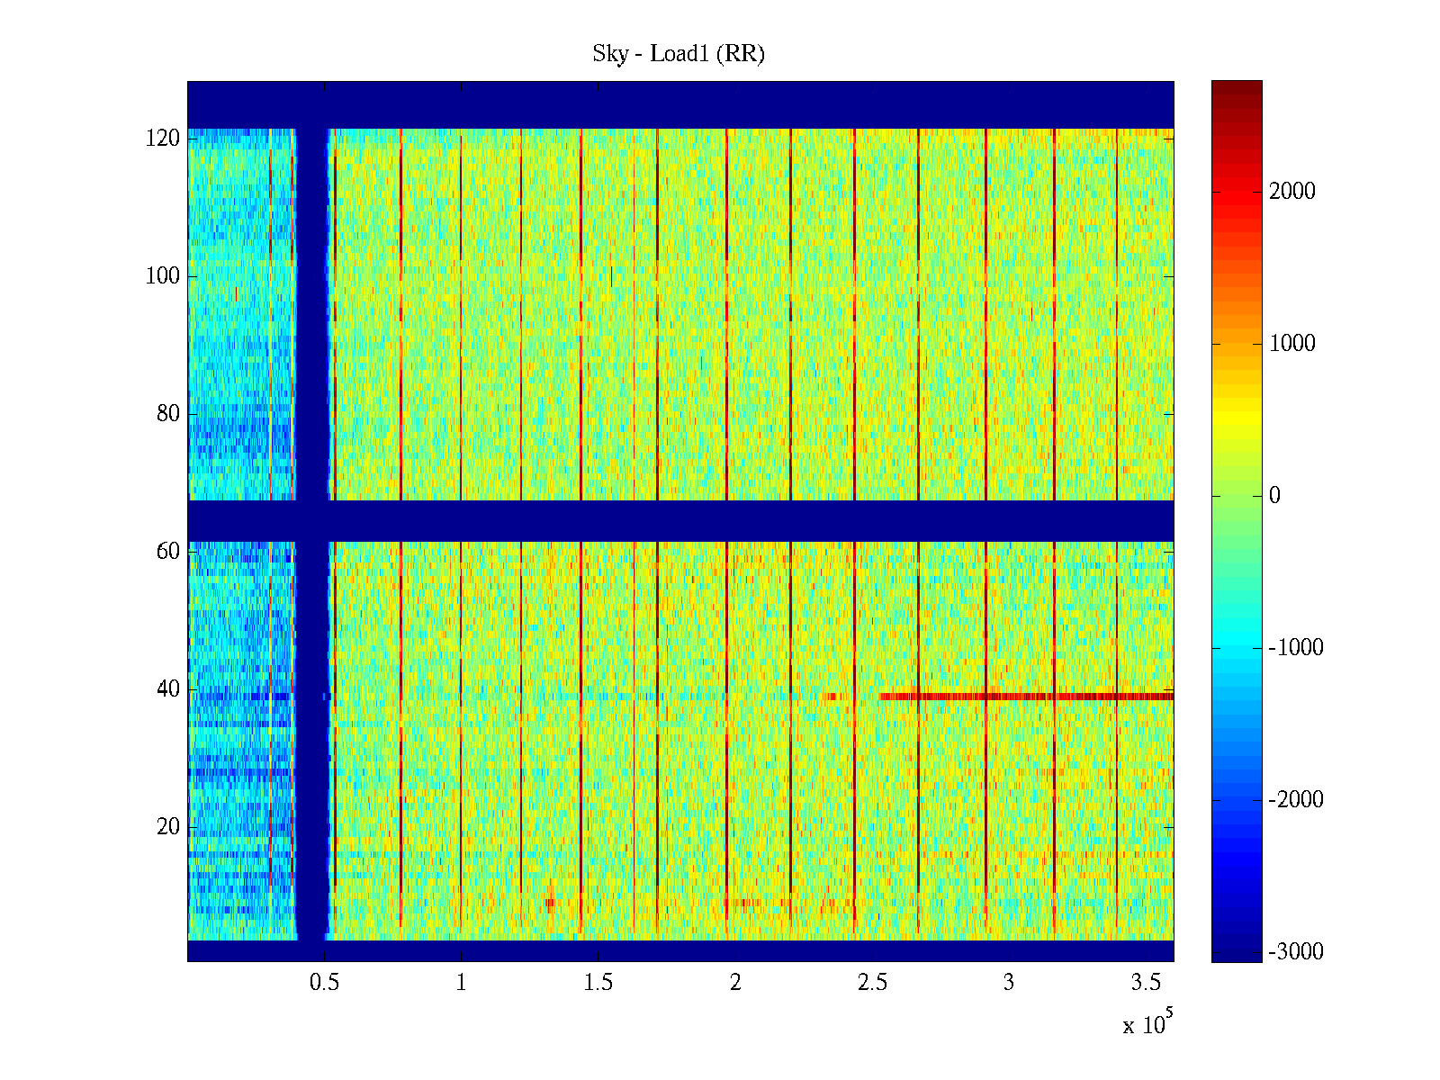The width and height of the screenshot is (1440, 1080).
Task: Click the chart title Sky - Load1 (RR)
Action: click(678, 54)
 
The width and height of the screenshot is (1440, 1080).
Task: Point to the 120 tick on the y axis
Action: click(163, 139)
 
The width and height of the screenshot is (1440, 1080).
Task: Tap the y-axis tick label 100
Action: click(163, 276)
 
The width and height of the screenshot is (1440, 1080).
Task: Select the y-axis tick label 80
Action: click(168, 414)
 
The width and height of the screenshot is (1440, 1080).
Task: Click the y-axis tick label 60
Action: click(168, 552)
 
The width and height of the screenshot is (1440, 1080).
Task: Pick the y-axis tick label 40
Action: click(168, 689)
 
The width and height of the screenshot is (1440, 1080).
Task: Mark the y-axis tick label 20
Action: click(168, 827)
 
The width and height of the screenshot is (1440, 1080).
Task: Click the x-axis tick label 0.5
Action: click(324, 983)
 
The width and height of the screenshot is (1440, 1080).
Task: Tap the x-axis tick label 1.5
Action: click(598, 983)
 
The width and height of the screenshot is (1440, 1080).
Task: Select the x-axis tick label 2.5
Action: click(872, 983)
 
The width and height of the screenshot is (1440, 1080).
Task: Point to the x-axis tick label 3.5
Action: click(1146, 983)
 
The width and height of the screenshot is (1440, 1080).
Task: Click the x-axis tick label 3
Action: click(1009, 983)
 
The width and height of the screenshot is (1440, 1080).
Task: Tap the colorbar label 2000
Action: click(1292, 191)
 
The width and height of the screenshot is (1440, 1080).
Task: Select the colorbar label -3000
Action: click(1296, 952)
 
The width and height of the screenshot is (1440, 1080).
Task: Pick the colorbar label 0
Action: click(1274, 496)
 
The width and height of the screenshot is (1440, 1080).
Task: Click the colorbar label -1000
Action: click(1296, 648)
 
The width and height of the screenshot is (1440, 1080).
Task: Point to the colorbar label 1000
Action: click(1292, 343)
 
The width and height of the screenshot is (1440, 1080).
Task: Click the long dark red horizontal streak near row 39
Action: click(1026, 696)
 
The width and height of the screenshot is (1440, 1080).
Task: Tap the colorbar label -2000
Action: click(1296, 800)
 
